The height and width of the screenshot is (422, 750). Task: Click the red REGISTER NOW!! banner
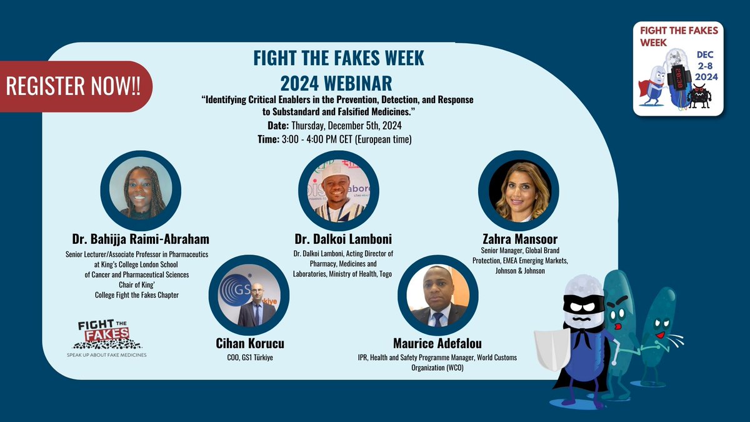coord(74,87)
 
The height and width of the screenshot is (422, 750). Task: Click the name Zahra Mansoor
coord(519,239)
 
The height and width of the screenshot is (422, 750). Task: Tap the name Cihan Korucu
coord(249,343)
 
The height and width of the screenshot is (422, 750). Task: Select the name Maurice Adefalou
coord(437,343)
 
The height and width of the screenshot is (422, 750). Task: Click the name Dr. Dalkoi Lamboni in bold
coord(339,239)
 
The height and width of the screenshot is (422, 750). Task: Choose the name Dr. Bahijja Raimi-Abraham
coord(141,239)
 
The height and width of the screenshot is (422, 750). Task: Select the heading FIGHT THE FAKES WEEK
coord(339,58)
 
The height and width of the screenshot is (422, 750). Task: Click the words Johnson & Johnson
coord(519,271)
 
